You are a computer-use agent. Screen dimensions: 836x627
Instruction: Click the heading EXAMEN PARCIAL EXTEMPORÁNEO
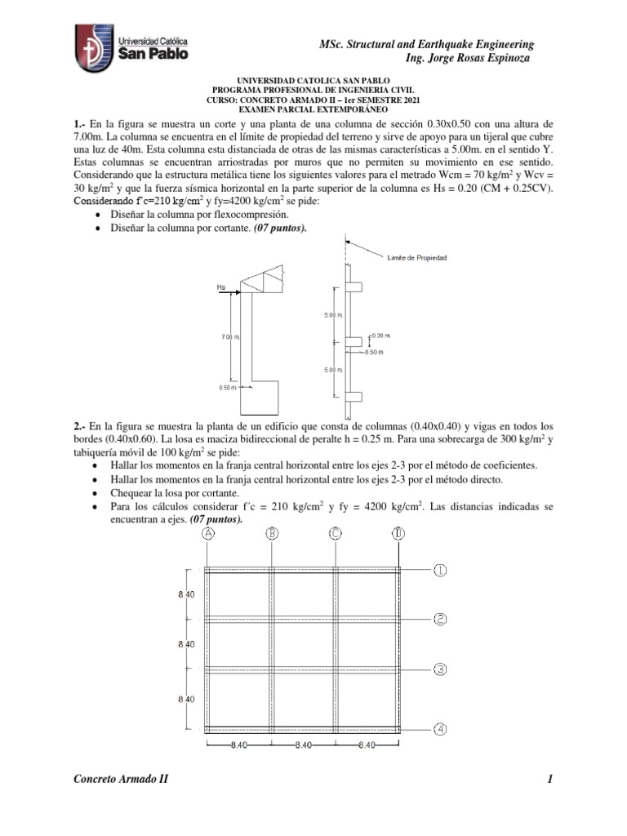coord(313,109)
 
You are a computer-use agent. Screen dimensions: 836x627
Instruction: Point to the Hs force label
coord(221,287)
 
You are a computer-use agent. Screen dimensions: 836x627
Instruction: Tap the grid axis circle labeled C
coord(335,534)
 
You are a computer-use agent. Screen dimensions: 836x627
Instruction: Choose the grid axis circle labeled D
coord(398,534)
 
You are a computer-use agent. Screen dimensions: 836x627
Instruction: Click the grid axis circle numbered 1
coord(440,571)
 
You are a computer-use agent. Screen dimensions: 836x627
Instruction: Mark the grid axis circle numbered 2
coord(440,620)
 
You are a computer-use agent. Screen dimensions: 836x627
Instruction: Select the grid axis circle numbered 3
coord(440,669)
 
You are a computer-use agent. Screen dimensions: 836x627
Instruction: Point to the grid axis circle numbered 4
coord(440,729)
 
